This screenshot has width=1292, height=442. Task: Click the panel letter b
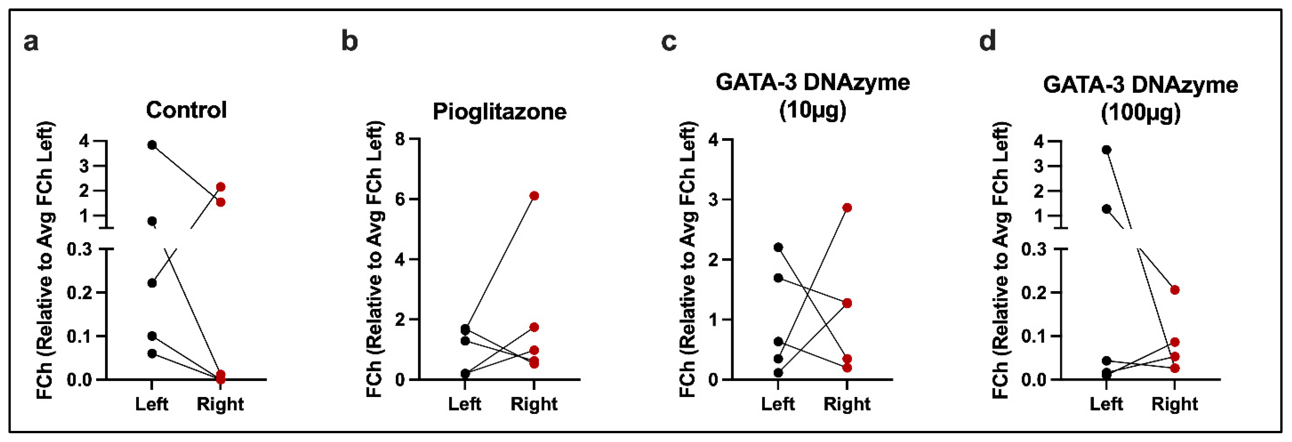(x=349, y=41)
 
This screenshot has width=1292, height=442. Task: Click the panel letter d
(x=988, y=41)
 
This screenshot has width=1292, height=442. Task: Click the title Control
(x=186, y=110)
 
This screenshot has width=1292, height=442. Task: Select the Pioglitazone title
(x=499, y=111)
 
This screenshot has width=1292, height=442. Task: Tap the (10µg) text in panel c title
(x=812, y=110)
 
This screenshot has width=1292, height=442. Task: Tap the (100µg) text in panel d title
(x=1140, y=112)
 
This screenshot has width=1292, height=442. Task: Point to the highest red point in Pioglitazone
(x=534, y=196)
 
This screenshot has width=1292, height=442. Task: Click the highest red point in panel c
(x=847, y=208)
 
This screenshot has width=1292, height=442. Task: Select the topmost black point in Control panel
(x=152, y=145)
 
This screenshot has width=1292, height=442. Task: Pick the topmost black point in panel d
(x=1106, y=150)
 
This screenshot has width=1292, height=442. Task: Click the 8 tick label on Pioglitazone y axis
(x=400, y=139)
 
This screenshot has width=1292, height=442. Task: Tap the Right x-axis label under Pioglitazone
(x=534, y=404)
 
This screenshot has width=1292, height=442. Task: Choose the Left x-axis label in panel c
(x=778, y=404)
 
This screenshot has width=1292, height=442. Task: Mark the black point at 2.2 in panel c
(x=779, y=247)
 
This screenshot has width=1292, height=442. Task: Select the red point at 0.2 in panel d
(x=1175, y=290)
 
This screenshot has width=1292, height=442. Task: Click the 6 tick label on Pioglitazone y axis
(x=400, y=199)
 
